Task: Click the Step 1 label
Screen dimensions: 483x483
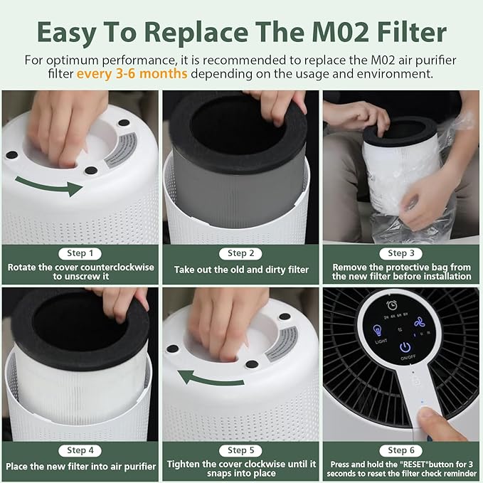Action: (x=80, y=253)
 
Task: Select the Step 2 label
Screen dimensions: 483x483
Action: (x=240, y=253)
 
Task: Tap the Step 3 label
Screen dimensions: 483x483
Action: (x=401, y=253)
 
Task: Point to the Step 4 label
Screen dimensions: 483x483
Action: (x=80, y=450)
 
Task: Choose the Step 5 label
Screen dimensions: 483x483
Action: (x=240, y=450)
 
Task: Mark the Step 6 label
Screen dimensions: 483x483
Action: (x=401, y=450)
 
